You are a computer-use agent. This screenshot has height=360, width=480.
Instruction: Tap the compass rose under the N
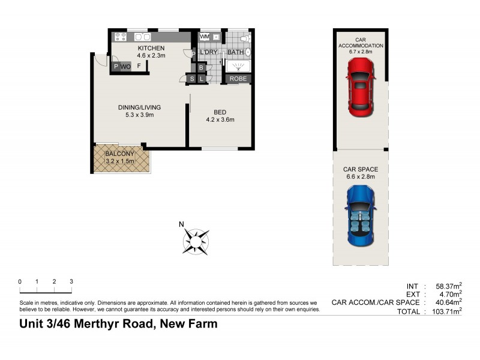(x=196, y=241)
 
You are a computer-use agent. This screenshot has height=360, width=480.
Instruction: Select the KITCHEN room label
(x=151, y=48)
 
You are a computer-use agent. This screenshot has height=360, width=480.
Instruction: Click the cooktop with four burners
(x=121, y=37)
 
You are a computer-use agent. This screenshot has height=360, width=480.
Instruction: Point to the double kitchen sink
(x=142, y=37)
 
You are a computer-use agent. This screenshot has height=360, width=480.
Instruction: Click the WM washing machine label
(x=205, y=37)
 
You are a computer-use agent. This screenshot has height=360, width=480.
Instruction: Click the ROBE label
(x=238, y=78)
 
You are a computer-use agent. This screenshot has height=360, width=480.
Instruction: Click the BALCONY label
(x=119, y=154)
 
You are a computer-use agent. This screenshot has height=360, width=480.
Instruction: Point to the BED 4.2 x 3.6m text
(x=220, y=115)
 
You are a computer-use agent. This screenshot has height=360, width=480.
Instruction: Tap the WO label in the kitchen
(x=125, y=66)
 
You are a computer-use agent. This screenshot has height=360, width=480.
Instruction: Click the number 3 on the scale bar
(x=71, y=281)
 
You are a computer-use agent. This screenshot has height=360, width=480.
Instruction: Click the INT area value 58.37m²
(x=448, y=286)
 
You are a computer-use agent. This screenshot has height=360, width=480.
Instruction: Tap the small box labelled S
(x=192, y=78)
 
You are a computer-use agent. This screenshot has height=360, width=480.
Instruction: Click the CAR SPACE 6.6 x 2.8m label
(x=361, y=173)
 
